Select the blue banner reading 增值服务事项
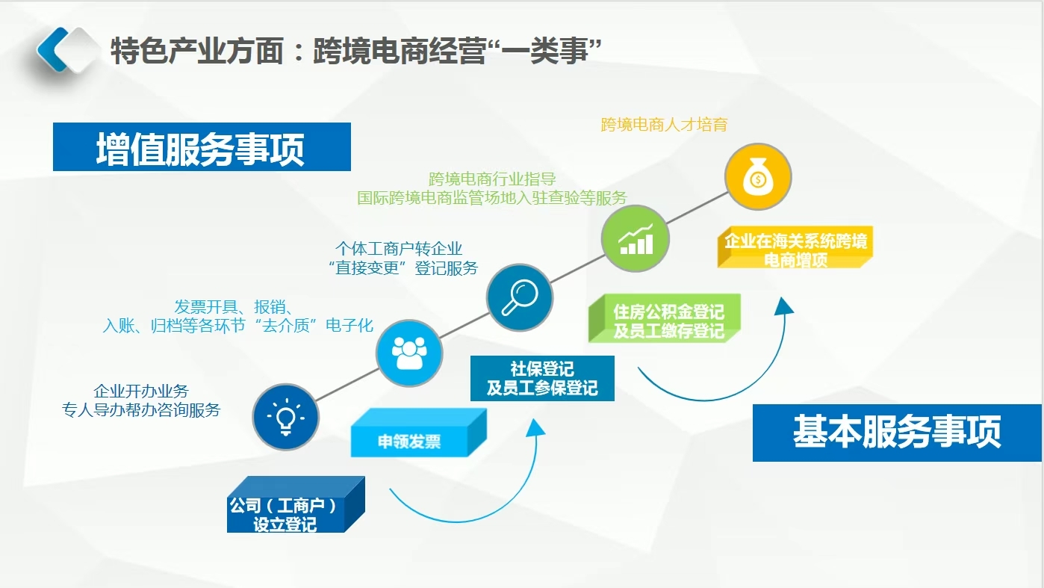[x=202, y=148]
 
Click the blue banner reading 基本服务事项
[x=896, y=433]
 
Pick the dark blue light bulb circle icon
[x=285, y=416]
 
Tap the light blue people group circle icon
[x=408, y=353]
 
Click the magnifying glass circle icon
[x=519, y=297]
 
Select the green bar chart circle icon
[x=635, y=238]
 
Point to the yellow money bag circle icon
[x=757, y=177]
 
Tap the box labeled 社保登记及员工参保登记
[x=542, y=379]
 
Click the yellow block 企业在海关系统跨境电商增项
[x=795, y=250]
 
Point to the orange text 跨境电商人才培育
[x=664, y=125]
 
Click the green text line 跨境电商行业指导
[x=492, y=179]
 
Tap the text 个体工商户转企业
[x=399, y=248]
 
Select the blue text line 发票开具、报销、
[x=234, y=307]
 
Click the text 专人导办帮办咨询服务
[x=141, y=409]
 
